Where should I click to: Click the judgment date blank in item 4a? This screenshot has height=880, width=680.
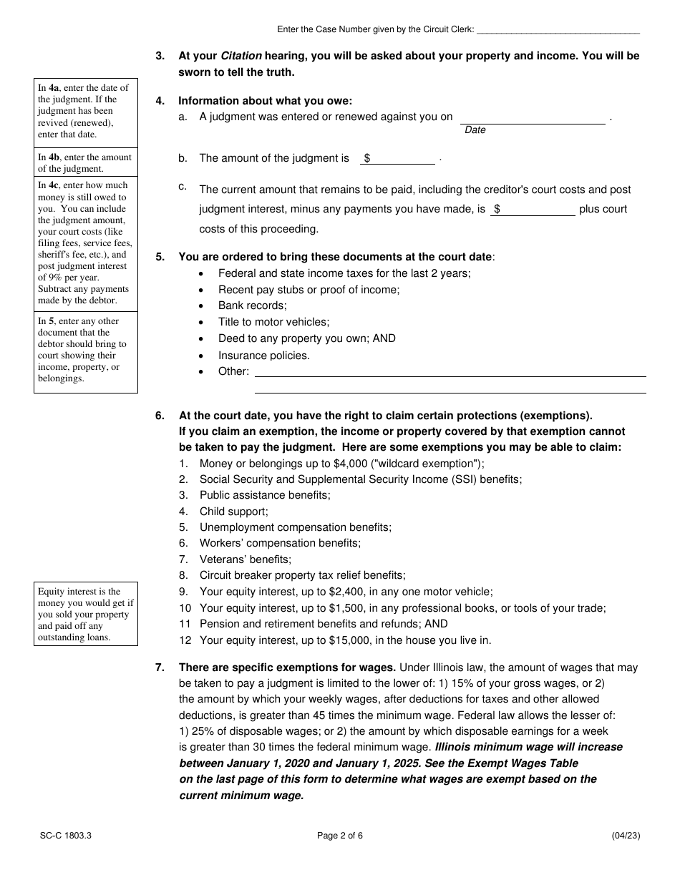[x=533, y=118]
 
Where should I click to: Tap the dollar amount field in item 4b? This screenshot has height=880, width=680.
[x=401, y=159]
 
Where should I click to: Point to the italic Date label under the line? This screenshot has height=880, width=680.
[x=475, y=130]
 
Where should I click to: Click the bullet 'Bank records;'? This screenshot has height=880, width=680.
[x=252, y=305]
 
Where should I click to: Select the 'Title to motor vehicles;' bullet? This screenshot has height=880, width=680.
[x=273, y=322]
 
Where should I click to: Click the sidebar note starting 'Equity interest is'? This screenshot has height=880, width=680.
[x=85, y=614]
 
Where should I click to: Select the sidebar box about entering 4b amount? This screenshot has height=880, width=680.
[x=85, y=163]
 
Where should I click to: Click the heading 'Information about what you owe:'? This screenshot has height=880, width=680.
[x=265, y=101]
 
